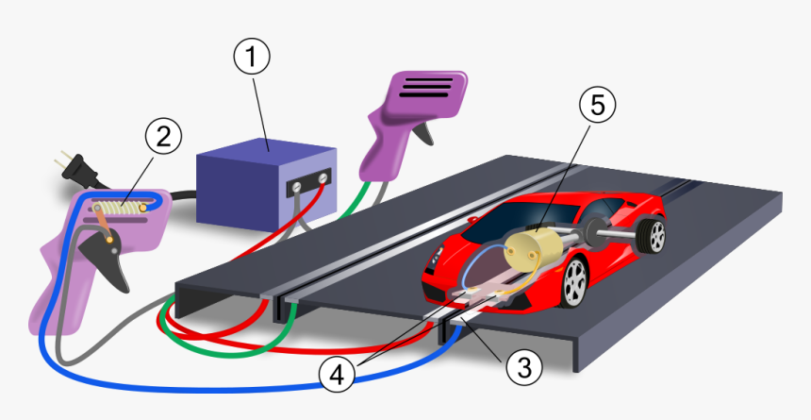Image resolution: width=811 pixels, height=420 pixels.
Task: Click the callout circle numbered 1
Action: pos(252,59)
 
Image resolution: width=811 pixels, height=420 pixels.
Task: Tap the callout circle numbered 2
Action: pos(163,138)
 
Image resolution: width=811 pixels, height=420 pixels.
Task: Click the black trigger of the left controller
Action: pos(104,258)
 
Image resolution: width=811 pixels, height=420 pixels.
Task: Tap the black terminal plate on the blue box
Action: pos(311,183)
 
